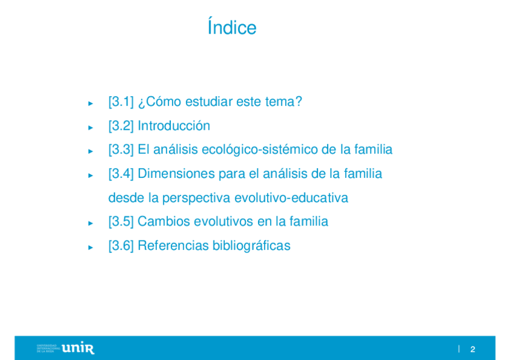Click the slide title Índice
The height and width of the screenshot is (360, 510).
[232, 26]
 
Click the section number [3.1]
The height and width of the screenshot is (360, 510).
[121, 102]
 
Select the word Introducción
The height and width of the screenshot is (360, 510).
[174, 126]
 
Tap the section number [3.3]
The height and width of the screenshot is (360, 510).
[121, 150]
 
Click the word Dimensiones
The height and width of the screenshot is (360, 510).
[176, 174]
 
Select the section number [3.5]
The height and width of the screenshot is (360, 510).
[121, 222]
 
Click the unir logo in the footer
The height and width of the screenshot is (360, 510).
[78, 348]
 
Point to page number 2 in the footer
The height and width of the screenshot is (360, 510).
[473, 349]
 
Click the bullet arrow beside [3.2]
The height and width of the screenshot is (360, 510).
[91, 127]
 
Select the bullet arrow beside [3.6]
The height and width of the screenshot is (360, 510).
[91, 248]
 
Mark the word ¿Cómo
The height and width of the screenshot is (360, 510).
[160, 102]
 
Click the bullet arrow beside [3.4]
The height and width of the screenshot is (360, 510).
[91, 175]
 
